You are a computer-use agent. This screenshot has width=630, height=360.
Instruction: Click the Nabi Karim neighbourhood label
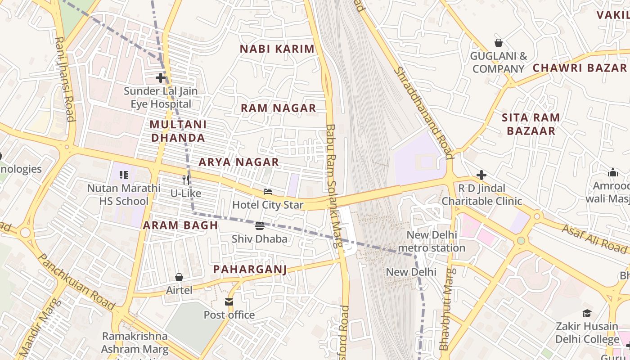pos(277,49)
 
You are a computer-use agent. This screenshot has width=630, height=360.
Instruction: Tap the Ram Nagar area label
pos(278,108)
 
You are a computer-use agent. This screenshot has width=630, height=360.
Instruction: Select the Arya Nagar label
pos(239,162)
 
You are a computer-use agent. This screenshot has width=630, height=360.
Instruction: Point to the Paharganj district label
pos(250,269)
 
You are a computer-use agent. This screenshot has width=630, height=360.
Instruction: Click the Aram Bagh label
pos(180,225)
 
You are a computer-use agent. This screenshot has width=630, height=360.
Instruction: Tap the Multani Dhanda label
pos(178,131)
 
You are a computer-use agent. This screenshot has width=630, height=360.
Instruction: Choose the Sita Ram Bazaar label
pos(531,124)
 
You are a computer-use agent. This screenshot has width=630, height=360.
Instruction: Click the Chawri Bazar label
pos(580,68)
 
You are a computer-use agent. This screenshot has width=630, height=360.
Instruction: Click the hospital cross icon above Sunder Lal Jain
pos(161,78)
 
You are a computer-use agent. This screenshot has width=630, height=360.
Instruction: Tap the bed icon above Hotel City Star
pos(268,192)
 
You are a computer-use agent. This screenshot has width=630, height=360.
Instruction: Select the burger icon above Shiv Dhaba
pos(259,225)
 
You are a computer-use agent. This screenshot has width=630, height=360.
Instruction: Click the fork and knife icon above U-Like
pos(186,180)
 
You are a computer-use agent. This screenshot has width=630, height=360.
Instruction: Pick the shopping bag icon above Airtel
pos(179,277)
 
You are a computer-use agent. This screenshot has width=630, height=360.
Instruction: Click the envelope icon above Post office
pos(229,301)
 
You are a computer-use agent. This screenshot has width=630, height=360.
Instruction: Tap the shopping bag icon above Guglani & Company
pos(498,43)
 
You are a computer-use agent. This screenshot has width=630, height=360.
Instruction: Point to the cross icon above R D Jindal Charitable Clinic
pos(481,175)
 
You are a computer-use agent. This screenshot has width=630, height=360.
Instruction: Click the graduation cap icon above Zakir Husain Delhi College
pos(587,313)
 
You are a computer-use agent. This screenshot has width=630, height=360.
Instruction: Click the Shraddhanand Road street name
pos(423,112)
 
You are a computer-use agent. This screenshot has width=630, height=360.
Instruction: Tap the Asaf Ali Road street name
pos(594,238)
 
